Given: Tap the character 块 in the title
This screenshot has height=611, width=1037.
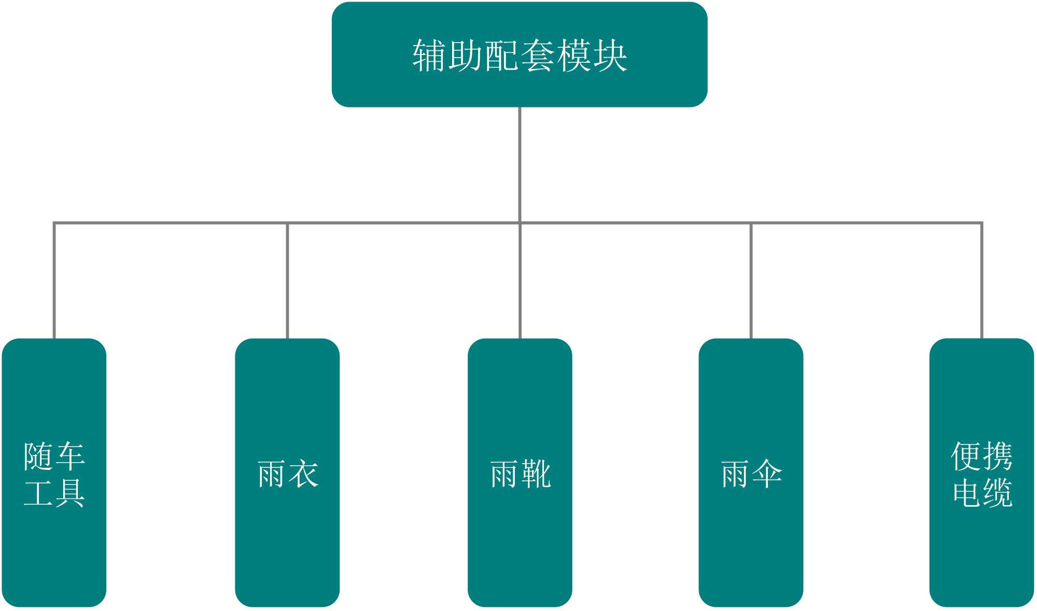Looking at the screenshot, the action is (610, 55).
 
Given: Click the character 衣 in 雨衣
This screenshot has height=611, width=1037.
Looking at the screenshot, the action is (303, 474).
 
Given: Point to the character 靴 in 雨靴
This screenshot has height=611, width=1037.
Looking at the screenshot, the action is (536, 474).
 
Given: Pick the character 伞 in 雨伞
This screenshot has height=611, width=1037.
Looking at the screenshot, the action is (767, 474).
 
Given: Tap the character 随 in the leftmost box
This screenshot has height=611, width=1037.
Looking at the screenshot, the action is (38, 456).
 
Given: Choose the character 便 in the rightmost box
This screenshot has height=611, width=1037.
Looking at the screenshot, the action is (966, 456).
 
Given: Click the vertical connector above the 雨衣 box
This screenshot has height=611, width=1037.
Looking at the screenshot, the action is (287, 280).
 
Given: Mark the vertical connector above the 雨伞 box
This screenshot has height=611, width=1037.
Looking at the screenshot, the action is (751, 280).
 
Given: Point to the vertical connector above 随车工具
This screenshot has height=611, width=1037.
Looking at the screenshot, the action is (54, 280).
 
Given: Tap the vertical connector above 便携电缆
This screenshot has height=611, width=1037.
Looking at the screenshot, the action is (982, 280).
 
